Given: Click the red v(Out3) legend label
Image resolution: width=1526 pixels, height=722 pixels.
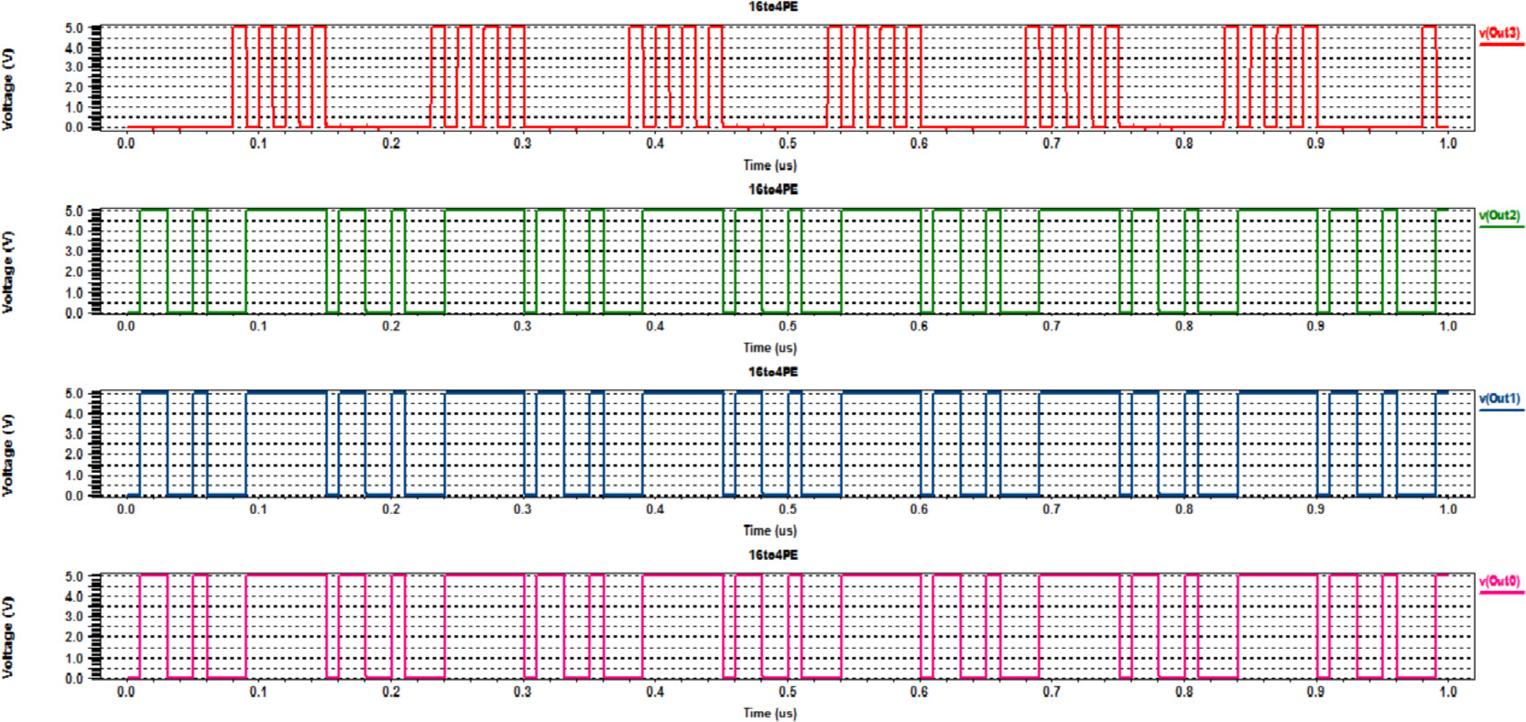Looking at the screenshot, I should (1499, 33).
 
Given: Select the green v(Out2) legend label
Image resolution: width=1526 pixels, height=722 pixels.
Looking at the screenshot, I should (1499, 216).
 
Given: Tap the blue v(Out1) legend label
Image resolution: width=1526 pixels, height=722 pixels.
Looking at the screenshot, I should (1499, 399).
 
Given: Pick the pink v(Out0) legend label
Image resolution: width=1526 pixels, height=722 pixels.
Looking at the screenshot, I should (1499, 581).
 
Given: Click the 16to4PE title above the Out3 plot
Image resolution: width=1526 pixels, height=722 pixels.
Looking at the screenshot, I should (772, 7).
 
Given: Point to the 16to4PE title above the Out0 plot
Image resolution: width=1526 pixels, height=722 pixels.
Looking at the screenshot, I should (772, 555).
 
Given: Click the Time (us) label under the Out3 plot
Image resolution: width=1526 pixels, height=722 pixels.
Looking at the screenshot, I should (769, 166).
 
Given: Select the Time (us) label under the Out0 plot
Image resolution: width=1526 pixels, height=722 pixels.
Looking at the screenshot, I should (769, 713).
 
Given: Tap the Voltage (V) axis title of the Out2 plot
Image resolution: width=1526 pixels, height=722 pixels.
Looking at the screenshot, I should (8, 272).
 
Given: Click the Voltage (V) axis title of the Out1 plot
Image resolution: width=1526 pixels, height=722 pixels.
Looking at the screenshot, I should (8, 454).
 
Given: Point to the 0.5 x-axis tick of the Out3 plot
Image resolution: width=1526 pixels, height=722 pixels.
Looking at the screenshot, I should (787, 144).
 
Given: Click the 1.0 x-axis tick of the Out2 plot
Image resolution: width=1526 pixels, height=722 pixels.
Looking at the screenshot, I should (1447, 326).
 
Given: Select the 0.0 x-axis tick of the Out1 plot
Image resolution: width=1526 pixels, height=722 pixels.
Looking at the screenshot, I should (126, 509).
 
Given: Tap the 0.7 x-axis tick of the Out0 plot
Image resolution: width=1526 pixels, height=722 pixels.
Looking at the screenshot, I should (1051, 692).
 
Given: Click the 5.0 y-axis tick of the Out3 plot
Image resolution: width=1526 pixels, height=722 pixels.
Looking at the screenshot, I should (74, 28).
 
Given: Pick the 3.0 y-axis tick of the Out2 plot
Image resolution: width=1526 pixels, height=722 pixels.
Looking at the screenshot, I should (74, 251).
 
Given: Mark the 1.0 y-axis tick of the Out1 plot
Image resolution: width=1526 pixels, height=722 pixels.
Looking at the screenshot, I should (74, 475).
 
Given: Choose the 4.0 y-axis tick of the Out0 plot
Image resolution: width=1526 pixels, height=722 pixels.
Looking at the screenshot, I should (74, 596).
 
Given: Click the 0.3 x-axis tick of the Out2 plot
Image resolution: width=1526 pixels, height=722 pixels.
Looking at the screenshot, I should (522, 326).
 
